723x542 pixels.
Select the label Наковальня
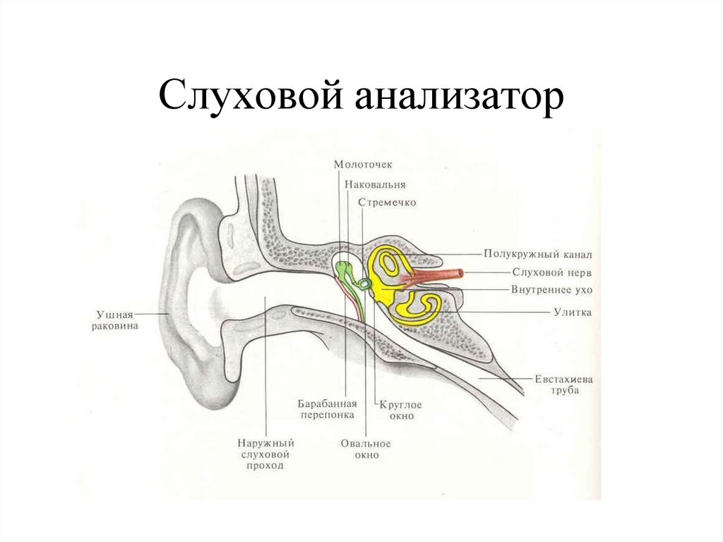pos(375,184)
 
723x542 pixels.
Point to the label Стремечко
pos(387,202)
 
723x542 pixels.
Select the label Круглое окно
pos(400,410)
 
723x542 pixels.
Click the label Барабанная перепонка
pos(326,409)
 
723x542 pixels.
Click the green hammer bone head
pos(344,267)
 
